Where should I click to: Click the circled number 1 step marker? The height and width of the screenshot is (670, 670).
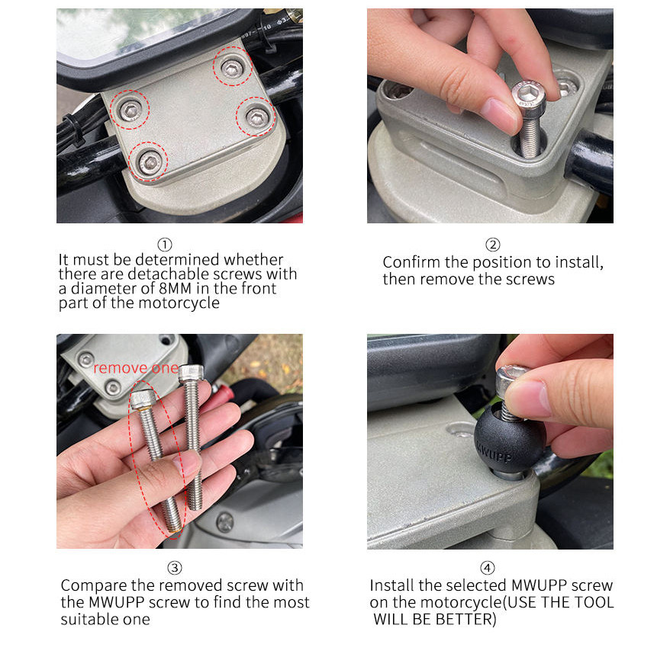point(165,245)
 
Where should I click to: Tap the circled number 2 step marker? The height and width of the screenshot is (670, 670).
point(493,245)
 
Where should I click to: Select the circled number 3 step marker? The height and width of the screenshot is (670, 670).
point(175,568)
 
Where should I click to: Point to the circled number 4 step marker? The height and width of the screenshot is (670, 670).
point(488,568)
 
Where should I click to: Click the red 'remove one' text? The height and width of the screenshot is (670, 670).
point(136,368)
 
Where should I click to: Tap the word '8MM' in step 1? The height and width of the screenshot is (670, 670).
point(175,288)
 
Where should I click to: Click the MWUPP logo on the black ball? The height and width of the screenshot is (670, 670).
point(494,454)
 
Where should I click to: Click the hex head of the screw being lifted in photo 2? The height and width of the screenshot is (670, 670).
point(529,94)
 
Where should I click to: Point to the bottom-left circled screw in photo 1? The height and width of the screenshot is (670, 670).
point(150,162)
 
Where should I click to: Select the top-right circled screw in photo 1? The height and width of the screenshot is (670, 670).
point(232,69)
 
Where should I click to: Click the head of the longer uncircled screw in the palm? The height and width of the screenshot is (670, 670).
point(191,373)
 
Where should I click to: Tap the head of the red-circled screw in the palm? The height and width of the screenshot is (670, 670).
point(143,399)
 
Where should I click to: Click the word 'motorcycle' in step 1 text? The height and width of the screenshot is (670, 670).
point(179,303)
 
